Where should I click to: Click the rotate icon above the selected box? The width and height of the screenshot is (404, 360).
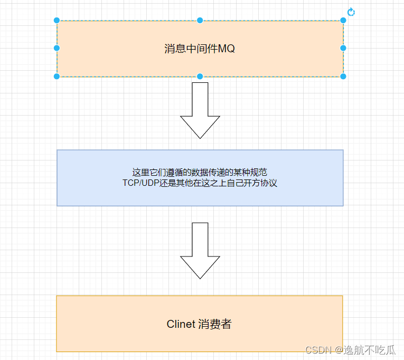coord(351,12)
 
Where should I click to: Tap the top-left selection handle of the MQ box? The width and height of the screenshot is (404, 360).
coord(57,21)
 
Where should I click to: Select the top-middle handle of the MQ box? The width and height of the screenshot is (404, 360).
coord(200,21)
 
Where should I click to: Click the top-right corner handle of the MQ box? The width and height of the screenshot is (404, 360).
coord(343,21)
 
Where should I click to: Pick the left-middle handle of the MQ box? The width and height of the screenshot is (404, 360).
coord(57,48)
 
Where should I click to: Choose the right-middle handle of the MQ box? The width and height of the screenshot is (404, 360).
coord(343,48)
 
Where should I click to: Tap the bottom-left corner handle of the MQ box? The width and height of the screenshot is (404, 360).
coord(57,77)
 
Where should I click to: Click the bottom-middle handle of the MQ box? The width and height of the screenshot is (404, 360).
coord(200,77)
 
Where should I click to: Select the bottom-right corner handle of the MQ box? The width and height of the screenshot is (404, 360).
coord(343,77)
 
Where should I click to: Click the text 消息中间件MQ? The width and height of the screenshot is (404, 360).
coord(200,49)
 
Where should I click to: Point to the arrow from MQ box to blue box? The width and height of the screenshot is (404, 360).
coord(200,111)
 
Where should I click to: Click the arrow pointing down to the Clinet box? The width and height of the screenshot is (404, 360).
coord(200,251)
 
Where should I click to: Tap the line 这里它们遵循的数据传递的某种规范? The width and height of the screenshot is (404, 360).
coord(200,173)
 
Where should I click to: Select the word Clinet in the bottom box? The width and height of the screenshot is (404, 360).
coord(181,324)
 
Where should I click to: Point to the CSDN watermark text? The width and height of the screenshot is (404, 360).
coord(317,350)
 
